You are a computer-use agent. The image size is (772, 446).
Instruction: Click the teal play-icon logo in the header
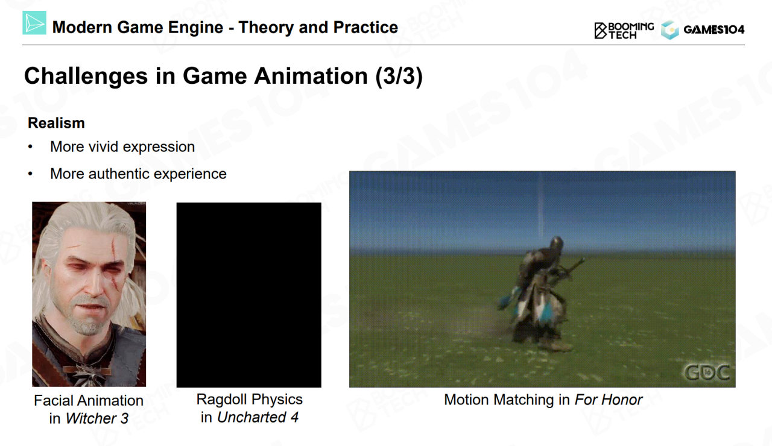tap(34, 23)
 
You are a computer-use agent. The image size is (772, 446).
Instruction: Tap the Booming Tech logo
tap(624, 31)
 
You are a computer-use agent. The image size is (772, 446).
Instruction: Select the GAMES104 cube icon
tap(669, 30)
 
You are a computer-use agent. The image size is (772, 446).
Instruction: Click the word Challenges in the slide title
tap(86, 77)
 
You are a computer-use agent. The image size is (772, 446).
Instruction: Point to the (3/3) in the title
tap(399, 76)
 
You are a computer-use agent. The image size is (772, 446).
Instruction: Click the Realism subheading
tap(56, 123)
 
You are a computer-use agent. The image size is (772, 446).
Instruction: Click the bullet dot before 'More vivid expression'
tap(30, 147)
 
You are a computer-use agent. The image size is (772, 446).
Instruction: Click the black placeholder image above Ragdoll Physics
tap(249, 295)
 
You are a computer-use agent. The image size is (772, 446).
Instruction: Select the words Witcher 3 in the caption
tap(97, 418)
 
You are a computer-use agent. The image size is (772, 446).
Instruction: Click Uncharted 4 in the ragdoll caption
tap(258, 418)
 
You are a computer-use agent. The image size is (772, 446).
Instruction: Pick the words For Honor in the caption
tap(609, 400)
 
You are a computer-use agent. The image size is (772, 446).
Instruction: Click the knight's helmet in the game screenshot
tap(555, 245)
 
